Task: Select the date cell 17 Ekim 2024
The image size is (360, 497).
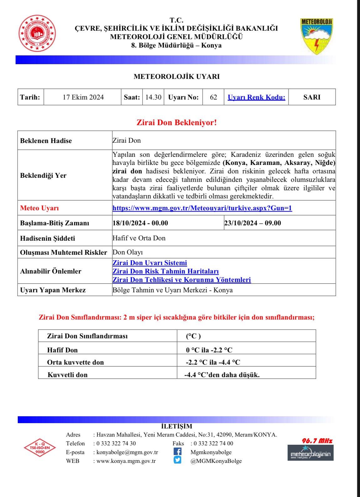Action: pos(83,97)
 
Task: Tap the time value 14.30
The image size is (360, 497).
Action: pos(153,97)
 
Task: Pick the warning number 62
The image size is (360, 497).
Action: pos(213,97)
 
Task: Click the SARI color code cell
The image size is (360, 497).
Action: pos(312,97)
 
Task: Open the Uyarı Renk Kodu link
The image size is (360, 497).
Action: pos(256,97)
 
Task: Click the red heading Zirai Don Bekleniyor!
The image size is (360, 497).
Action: pos(177,123)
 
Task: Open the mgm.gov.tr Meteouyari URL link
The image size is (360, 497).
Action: pos(202,208)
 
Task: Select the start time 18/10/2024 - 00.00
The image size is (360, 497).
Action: pos(140,223)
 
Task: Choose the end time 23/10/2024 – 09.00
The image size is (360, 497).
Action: pos(253,223)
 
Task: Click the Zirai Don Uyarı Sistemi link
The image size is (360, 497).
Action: pos(150,263)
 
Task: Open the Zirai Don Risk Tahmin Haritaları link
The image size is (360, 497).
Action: pos(165,271)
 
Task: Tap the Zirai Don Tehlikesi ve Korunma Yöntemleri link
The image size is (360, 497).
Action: pos(182,280)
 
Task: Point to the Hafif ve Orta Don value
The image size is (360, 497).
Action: pos(139,238)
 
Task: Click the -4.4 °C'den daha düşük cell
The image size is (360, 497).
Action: pos(222,374)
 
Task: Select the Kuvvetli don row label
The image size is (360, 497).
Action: pos(67,375)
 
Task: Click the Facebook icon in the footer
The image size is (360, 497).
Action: pos(177,452)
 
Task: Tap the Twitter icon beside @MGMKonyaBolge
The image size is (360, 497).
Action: pos(177,460)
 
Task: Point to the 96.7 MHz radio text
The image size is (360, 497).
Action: pos(317,441)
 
